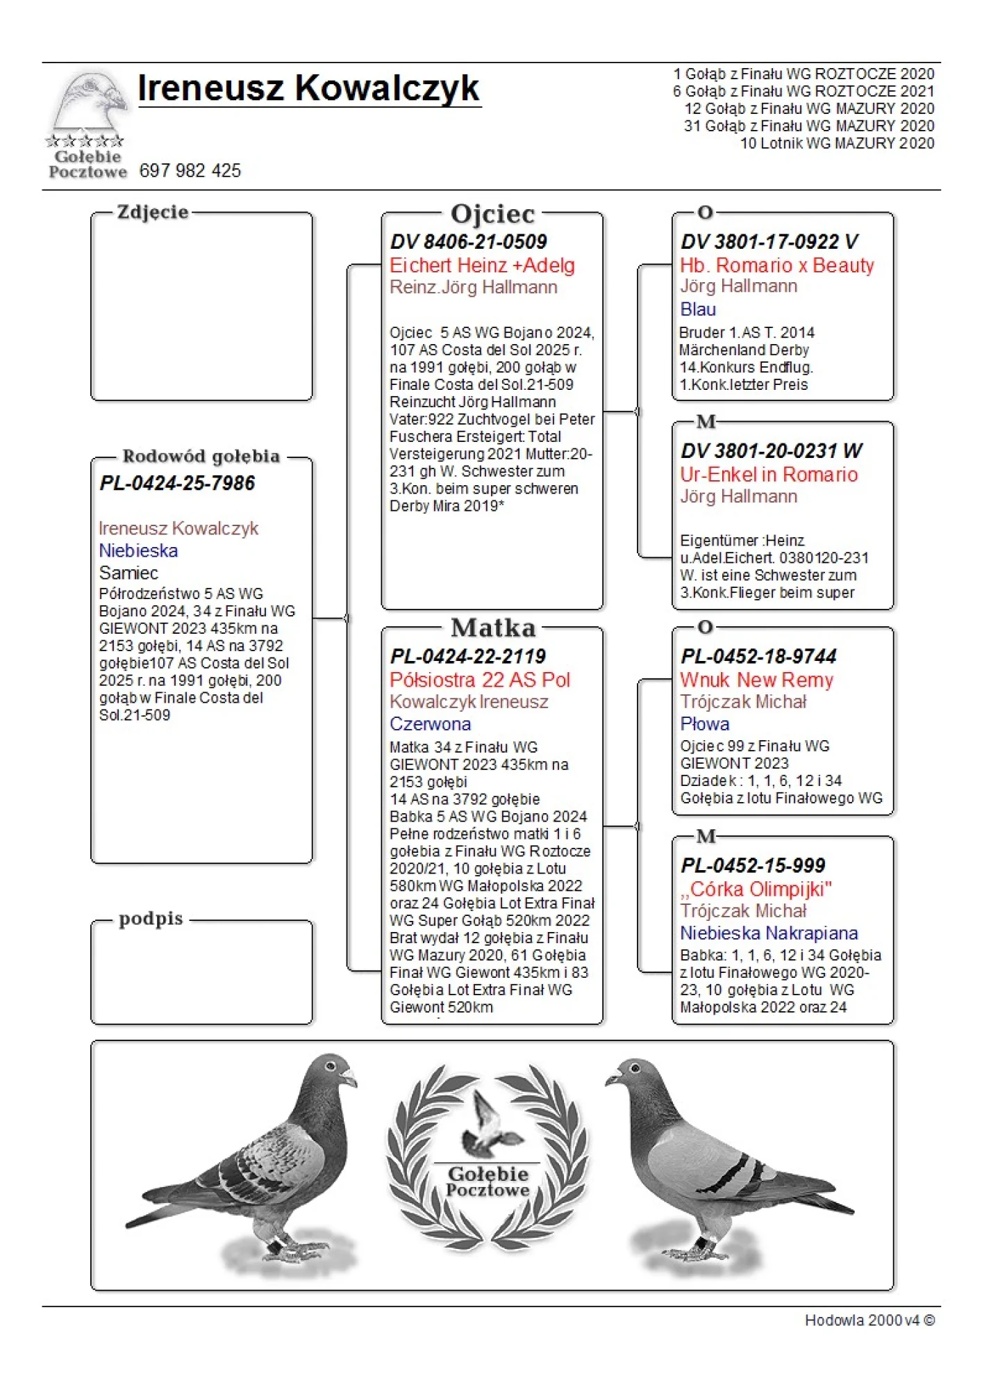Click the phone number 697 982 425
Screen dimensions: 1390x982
coord(190,171)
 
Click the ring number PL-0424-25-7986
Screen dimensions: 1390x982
coord(177,483)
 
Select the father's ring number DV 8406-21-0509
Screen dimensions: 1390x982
coord(468,242)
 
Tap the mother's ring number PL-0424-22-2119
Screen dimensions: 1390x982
coord(467,656)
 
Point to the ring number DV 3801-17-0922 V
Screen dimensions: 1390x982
coord(769,242)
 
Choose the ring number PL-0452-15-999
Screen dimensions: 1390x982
coord(753,865)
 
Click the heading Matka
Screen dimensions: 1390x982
coord(493,628)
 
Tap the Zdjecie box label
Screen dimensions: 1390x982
coord(153,212)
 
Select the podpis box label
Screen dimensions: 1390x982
coord(151,919)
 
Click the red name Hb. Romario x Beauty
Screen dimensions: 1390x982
coord(776,265)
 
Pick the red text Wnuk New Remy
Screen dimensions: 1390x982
coord(756,680)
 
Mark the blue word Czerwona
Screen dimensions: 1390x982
coord(430,724)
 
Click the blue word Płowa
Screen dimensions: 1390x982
coord(704,724)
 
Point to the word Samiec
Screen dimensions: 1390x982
coord(128,573)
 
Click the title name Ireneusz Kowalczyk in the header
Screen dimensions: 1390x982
coord(308,88)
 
